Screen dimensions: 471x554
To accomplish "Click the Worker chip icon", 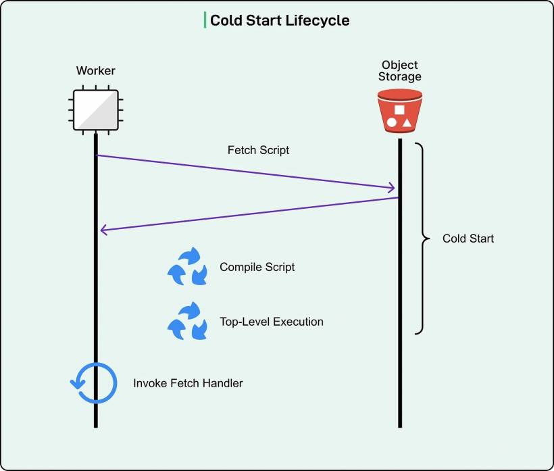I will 95,109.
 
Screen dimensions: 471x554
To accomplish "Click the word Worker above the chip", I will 95,71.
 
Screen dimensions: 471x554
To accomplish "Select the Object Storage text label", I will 399,71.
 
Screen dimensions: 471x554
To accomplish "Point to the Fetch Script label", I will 258,150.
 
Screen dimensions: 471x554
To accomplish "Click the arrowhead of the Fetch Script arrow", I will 392,188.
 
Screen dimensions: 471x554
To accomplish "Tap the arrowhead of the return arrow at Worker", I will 103,230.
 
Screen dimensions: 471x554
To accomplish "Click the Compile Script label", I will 257,267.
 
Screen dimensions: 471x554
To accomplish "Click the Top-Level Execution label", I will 271,322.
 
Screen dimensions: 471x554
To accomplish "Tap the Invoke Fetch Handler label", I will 188,383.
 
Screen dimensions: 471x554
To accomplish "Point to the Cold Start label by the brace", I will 468,239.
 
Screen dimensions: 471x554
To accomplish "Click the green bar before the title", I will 205,20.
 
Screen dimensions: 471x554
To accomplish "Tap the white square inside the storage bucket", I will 399,109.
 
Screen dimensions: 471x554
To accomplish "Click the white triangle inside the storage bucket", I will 407,123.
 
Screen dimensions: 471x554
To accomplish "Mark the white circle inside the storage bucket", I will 391,123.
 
